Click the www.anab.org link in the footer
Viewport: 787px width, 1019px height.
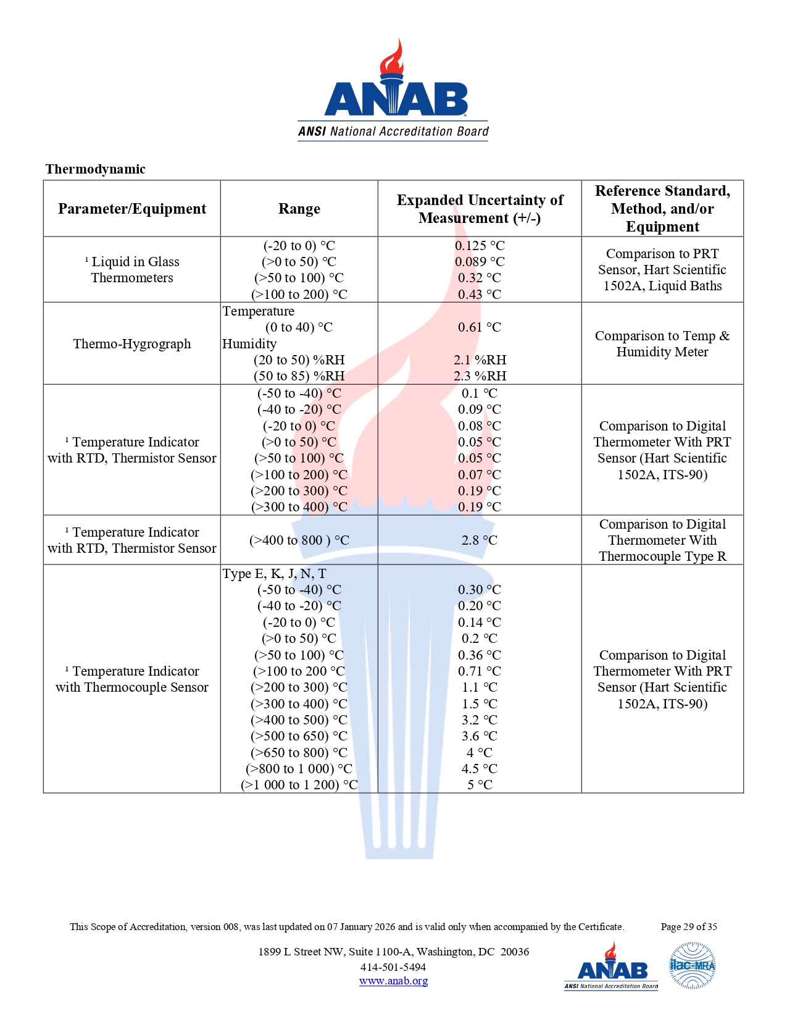393,981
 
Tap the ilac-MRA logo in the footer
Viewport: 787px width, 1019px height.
693,965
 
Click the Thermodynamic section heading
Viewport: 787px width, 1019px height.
95,169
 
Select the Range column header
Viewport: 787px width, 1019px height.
299,209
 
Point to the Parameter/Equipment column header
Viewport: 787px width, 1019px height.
132,209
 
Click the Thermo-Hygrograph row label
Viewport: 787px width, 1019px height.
132,344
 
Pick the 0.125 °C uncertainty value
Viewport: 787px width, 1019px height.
480,246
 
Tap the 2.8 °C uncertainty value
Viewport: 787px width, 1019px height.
480,540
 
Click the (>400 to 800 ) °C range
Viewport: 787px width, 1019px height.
299,540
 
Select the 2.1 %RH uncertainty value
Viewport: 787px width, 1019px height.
480,360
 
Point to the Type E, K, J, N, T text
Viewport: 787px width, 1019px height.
275,574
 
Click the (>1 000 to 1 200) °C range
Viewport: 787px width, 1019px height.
299,785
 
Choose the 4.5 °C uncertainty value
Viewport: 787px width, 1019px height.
480,769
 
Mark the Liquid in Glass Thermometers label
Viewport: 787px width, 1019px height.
132,270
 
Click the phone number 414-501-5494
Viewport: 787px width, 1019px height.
393,967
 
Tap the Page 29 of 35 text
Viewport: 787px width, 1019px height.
689,927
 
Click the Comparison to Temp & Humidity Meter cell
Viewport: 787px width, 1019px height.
662,344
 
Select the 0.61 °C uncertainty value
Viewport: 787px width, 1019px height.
480,327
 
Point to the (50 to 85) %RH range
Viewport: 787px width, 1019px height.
299,376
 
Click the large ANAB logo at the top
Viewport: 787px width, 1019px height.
393,93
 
